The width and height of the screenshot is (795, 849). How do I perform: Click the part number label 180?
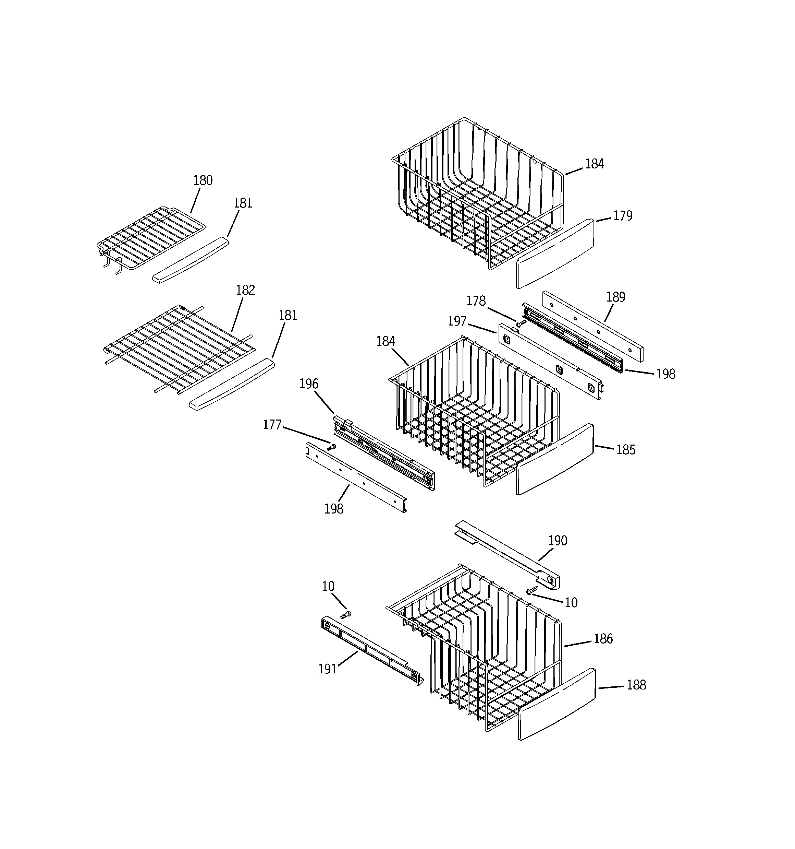[x=203, y=181]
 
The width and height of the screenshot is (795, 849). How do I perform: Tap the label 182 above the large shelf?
[x=245, y=291]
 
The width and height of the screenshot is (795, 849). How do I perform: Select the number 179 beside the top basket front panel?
[x=623, y=216]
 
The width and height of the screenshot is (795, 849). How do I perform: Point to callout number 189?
[x=615, y=297]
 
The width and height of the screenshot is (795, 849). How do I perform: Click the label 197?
[x=457, y=321]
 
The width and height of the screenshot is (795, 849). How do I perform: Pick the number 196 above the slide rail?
[x=308, y=384]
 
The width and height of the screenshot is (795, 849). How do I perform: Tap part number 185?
[x=626, y=450]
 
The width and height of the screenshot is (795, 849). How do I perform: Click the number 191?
[x=328, y=669]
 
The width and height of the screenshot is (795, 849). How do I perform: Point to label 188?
[x=636, y=685]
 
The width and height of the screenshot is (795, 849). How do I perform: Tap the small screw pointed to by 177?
[x=331, y=447]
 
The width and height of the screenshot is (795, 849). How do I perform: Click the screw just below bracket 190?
[x=532, y=590]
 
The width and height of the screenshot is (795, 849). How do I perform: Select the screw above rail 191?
[x=346, y=615]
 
